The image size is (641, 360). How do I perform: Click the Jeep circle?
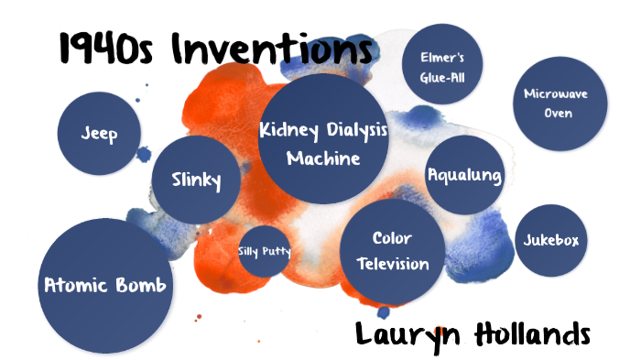(x=100, y=134)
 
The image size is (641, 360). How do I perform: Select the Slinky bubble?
(x=197, y=180)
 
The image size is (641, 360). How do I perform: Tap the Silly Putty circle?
(x=265, y=250)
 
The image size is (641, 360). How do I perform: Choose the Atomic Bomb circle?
(x=105, y=285)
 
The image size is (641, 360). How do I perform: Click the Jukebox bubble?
(x=550, y=241)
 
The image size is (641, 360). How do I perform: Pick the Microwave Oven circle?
(x=556, y=104)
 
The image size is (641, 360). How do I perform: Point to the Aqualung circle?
(x=464, y=175)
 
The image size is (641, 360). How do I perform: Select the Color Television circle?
(x=392, y=251)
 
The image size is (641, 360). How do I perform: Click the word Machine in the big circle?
(x=323, y=158)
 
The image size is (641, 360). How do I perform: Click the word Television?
(x=392, y=264)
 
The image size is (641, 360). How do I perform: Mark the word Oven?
(x=557, y=114)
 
